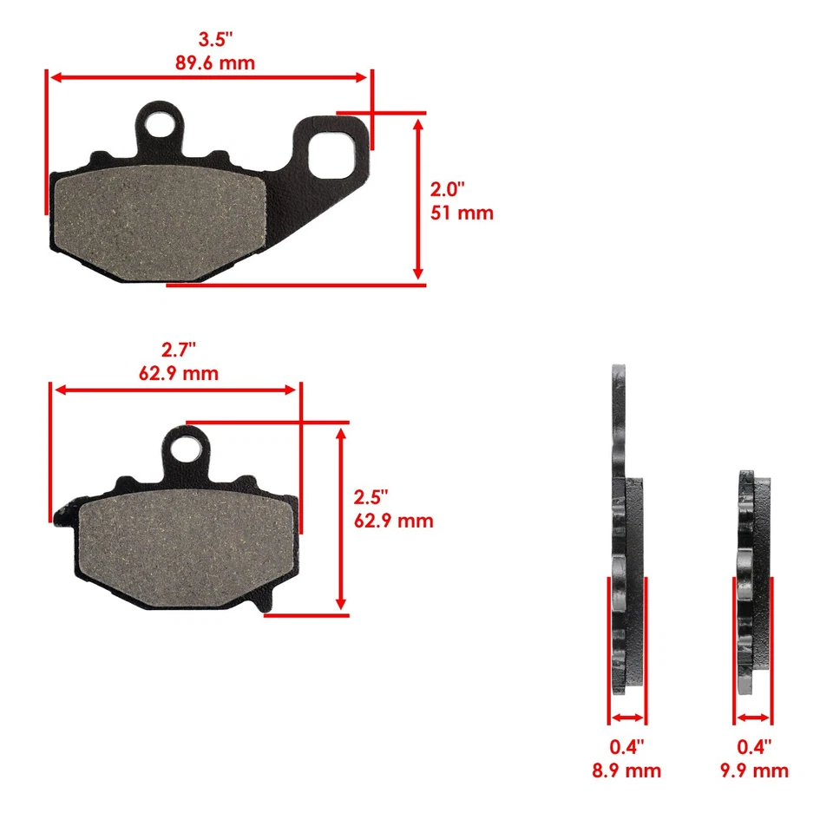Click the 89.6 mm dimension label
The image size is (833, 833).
215,62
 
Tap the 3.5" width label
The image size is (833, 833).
215,40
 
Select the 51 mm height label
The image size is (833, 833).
462,212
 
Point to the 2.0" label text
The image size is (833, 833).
449,188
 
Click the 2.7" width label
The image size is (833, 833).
179,350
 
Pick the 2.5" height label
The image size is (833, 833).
371,497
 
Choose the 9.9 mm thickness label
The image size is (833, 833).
754,771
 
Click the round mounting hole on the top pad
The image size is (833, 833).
160,124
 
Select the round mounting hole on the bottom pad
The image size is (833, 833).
187,449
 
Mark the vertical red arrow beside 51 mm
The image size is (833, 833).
419,199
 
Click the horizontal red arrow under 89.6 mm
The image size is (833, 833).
208,78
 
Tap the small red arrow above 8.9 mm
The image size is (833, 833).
627,718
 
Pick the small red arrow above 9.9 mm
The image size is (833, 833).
753,718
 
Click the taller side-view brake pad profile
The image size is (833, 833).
625,529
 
